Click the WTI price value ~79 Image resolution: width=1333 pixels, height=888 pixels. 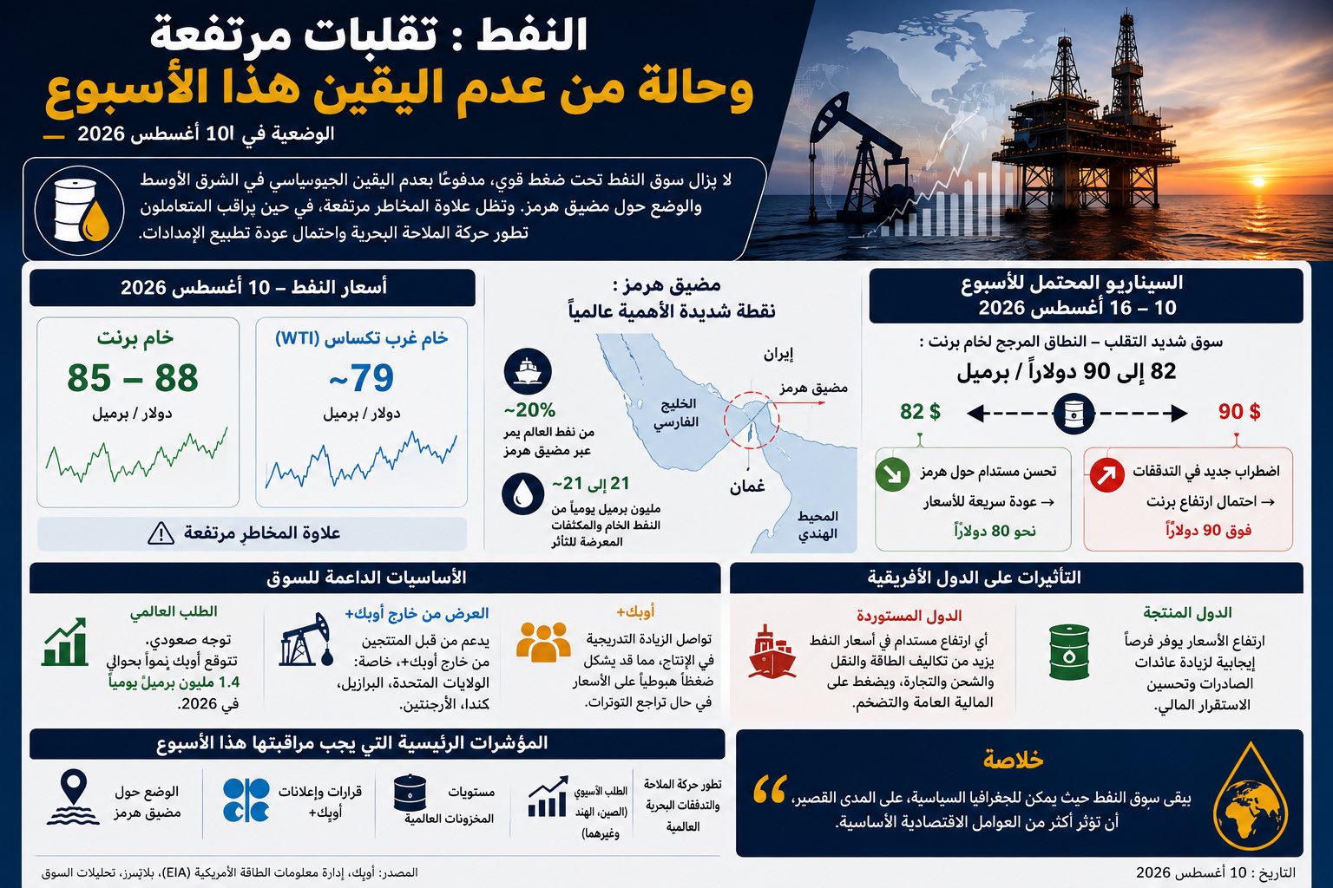[361, 378]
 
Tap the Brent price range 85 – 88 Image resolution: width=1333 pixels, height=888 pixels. [133, 378]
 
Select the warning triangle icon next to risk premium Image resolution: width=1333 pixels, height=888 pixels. [161, 533]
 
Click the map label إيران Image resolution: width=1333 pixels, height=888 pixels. [778, 355]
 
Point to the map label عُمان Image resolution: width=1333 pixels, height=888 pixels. [747, 486]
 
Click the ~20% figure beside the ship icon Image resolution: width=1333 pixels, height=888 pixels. [529, 410]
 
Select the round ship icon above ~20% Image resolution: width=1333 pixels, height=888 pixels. [528, 372]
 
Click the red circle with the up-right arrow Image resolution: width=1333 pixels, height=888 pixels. [1106, 475]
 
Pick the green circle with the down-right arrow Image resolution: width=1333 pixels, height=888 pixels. [892, 474]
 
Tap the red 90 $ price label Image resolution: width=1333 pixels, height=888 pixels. [1239, 412]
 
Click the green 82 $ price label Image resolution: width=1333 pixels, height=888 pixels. [920, 412]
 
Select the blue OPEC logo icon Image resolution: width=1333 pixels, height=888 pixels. [246, 800]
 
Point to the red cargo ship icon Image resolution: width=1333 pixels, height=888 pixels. [772, 651]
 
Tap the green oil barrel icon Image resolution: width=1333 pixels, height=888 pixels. [1069, 652]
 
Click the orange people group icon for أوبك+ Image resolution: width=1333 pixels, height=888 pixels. [543, 642]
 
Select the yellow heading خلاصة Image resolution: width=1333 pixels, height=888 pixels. [1013, 760]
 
